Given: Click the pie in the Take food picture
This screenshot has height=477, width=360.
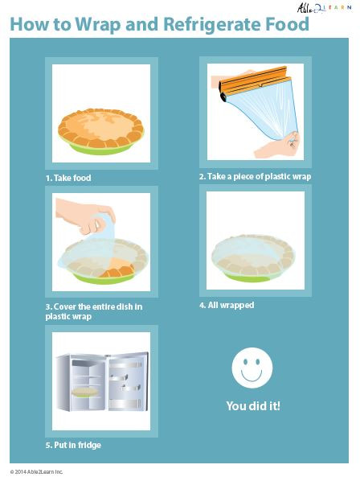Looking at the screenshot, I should (100, 125).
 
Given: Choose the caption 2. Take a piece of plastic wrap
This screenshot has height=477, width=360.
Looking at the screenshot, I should (255, 176).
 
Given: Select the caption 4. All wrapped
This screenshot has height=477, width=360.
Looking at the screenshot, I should (227, 306).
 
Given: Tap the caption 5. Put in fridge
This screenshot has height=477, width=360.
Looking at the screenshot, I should (73, 445).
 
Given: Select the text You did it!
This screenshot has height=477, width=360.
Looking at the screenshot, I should (253, 406).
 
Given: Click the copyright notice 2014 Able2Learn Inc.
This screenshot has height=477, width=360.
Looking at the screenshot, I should (36, 471).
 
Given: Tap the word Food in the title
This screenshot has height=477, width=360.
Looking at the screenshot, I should (287, 24).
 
